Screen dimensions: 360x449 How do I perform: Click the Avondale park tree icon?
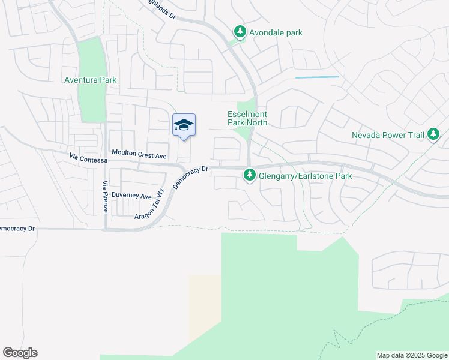pyautogui.click(x=240, y=32)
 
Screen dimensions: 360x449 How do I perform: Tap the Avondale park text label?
pyautogui.click(x=277, y=32)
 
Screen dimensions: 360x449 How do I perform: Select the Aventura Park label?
pyautogui.click(x=91, y=80)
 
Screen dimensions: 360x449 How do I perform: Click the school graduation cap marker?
pyautogui.click(x=184, y=125)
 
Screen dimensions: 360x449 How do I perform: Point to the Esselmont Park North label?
pyautogui.click(x=247, y=118)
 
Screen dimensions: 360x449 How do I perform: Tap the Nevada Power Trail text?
pyautogui.click(x=388, y=135)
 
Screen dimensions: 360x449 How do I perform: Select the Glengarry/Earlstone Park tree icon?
pyautogui.click(x=250, y=176)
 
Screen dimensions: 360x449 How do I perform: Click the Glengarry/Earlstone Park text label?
pyautogui.click(x=305, y=176)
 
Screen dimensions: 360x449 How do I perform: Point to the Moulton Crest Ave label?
pyautogui.click(x=139, y=155)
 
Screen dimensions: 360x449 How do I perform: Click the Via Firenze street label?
pyautogui.click(x=105, y=197)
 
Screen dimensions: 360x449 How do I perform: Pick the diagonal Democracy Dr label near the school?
pyautogui.click(x=190, y=178)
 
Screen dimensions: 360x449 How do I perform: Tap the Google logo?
pyautogui.click(x=20, y=353)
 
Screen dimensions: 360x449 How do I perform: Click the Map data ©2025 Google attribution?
pyautogui.click(x=412, y=355)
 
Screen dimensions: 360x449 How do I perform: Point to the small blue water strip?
pyautogui.click(x=317, y=77)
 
